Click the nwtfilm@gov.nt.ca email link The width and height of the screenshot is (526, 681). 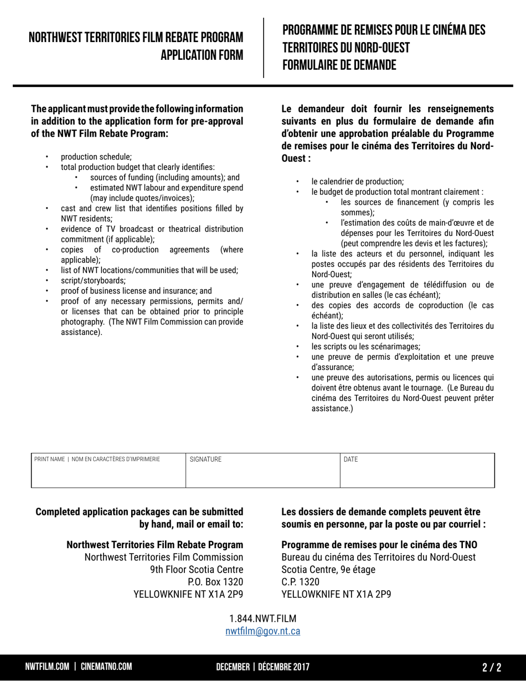tap(263, 631)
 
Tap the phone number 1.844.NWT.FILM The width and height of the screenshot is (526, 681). tap(263, 618)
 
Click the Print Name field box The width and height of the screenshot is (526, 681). tap(109, 471)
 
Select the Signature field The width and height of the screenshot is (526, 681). tap(262, 471)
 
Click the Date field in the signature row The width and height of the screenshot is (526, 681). tap(417, 471)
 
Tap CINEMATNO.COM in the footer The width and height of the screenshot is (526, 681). tap(106, 667)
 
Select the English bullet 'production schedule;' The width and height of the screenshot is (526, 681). tap(96, 157)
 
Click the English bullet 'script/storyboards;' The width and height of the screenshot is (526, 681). tap(93, 280)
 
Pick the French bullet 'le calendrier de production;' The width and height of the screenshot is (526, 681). tap(358, 181)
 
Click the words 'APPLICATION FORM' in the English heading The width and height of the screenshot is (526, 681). tap(202, 55)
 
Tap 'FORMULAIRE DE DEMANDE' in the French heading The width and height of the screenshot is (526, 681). tap(339, 65)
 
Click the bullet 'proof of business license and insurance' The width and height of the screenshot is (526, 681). tap(136, 291)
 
